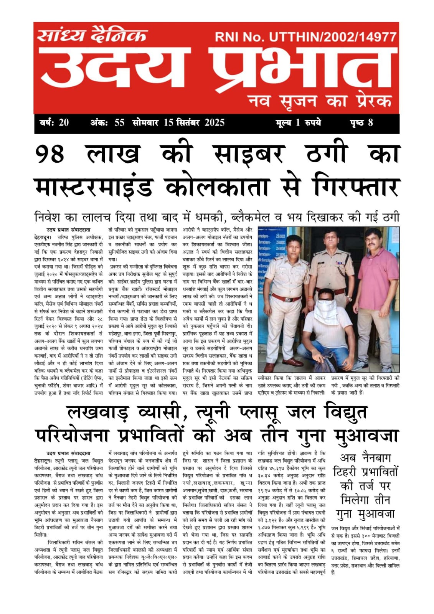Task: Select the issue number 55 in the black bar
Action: [119, 123]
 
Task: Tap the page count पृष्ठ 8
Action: [361, 123]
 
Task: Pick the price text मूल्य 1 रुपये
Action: [298, 123]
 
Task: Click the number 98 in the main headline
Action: [50, 154]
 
